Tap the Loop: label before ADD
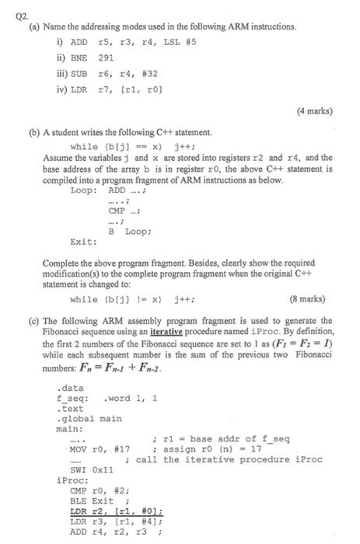pyautogui.click(x=82, y=189)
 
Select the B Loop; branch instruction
pyautogui.click(x=128, y=232)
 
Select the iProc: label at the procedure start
pyautogui.click(x=71, y=480)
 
